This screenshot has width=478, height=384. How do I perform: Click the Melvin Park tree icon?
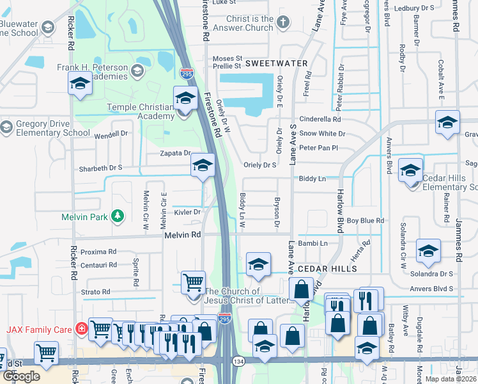click(117, 216)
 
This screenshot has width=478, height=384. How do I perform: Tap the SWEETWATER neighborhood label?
click(277, 63)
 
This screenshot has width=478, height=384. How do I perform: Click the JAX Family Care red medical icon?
click(81, 329)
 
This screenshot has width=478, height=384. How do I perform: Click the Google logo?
click(21, 376)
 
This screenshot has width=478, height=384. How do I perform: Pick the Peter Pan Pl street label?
click(318, 148)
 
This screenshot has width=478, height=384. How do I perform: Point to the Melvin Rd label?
click(183, 235)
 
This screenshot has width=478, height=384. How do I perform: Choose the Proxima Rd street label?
click(98, 252)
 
